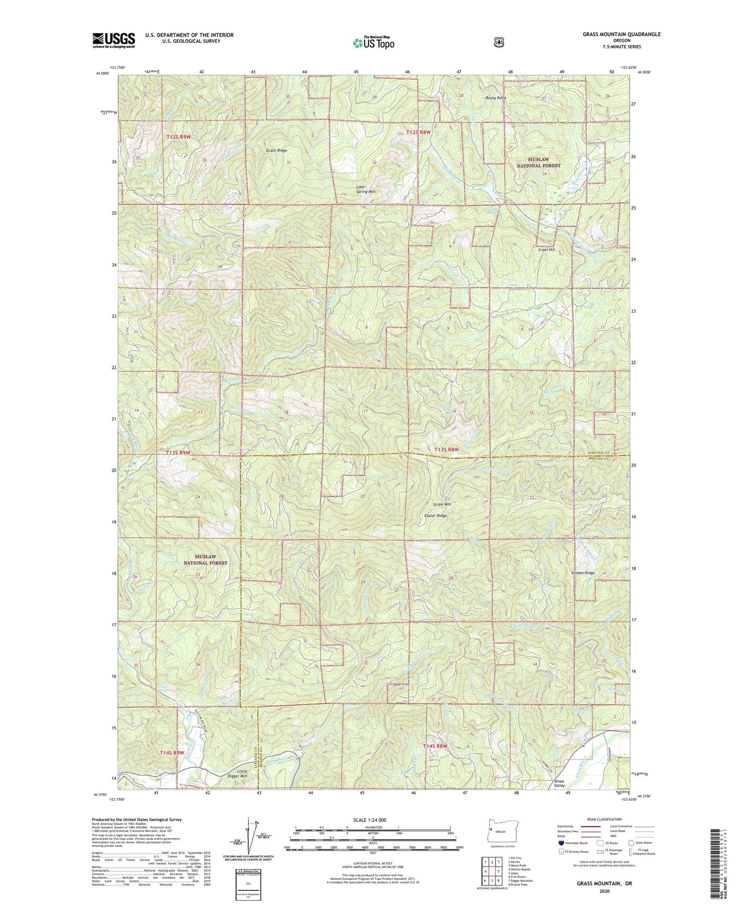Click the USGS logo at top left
tap(114, 40)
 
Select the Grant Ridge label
tap(277, 151)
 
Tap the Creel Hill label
tap(547, 250)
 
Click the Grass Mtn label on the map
tap(442, 505)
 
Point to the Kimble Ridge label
tap(582, 573)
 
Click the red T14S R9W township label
tap(172, 753)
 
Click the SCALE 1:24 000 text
tap(369, 820)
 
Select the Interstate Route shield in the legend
tap(561, 843)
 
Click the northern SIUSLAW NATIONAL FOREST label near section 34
tap(538, 162)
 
